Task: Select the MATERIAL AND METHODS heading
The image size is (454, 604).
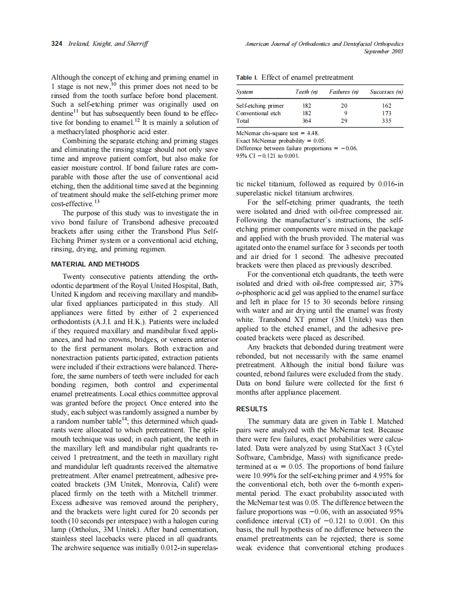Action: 95,264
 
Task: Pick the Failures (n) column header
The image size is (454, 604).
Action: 344,92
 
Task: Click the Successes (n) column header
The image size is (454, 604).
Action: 386,92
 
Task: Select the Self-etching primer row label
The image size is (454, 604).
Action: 260,106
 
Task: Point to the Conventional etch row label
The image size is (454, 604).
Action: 258,113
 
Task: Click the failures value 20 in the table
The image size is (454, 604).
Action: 344,106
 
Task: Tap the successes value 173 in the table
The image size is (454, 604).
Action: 386,113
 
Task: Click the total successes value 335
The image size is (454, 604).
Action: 386,121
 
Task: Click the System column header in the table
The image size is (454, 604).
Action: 245,92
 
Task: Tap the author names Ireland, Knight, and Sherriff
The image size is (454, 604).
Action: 108,44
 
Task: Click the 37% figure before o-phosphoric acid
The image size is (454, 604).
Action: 395,284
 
